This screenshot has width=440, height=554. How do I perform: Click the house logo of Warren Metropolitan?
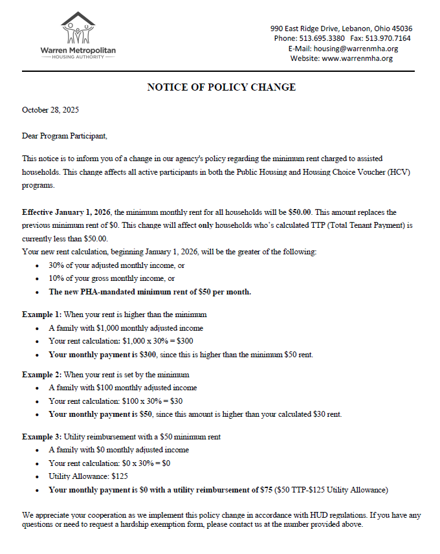pos(78,28)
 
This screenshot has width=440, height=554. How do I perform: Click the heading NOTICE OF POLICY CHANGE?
pos(221,87)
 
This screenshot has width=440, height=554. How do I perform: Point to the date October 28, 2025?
pos(50,110)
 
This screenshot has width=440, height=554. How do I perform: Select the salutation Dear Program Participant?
pos(64,136)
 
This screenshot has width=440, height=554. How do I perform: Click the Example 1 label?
pos(42,315)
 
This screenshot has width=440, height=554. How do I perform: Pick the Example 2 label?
pos(42,374)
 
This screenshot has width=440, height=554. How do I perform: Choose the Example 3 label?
pos(42,437)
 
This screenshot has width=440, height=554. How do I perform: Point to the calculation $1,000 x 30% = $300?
pos(153,341)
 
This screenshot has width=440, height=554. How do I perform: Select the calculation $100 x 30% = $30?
pos(146,401)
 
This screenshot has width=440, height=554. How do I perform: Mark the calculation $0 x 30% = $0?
pos(141,463)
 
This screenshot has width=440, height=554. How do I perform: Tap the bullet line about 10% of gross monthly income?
pos(111,278)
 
